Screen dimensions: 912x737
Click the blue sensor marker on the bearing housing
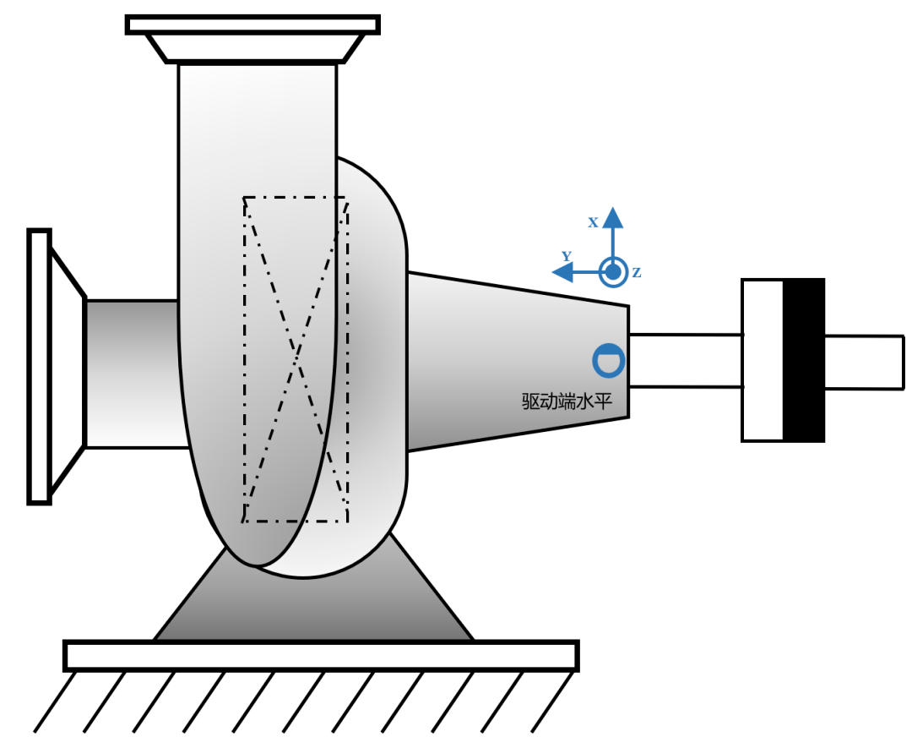click(609, 360)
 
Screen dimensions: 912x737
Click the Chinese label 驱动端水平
click(567, 401)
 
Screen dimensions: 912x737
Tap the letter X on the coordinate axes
click(593, 222)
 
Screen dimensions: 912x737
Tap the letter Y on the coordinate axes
click(567, 255)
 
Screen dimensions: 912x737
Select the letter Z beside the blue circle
click(637, 272)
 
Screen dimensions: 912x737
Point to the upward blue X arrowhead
click(612, 217)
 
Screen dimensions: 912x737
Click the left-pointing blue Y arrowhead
click(562, 272)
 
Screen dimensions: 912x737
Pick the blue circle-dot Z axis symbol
click(613, 272)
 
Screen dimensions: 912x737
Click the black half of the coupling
click(804, 360)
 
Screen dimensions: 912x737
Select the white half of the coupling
click(763, 360)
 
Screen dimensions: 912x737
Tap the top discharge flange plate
click(253, 25)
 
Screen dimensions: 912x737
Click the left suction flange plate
click(40, 367)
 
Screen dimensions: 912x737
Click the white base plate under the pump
click(321, 656)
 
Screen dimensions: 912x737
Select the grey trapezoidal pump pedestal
click(314, 605)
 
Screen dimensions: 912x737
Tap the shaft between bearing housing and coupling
click(686, 360)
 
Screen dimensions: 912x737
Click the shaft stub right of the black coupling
click(865, 362)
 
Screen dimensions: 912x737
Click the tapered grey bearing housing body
click(518, 361)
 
